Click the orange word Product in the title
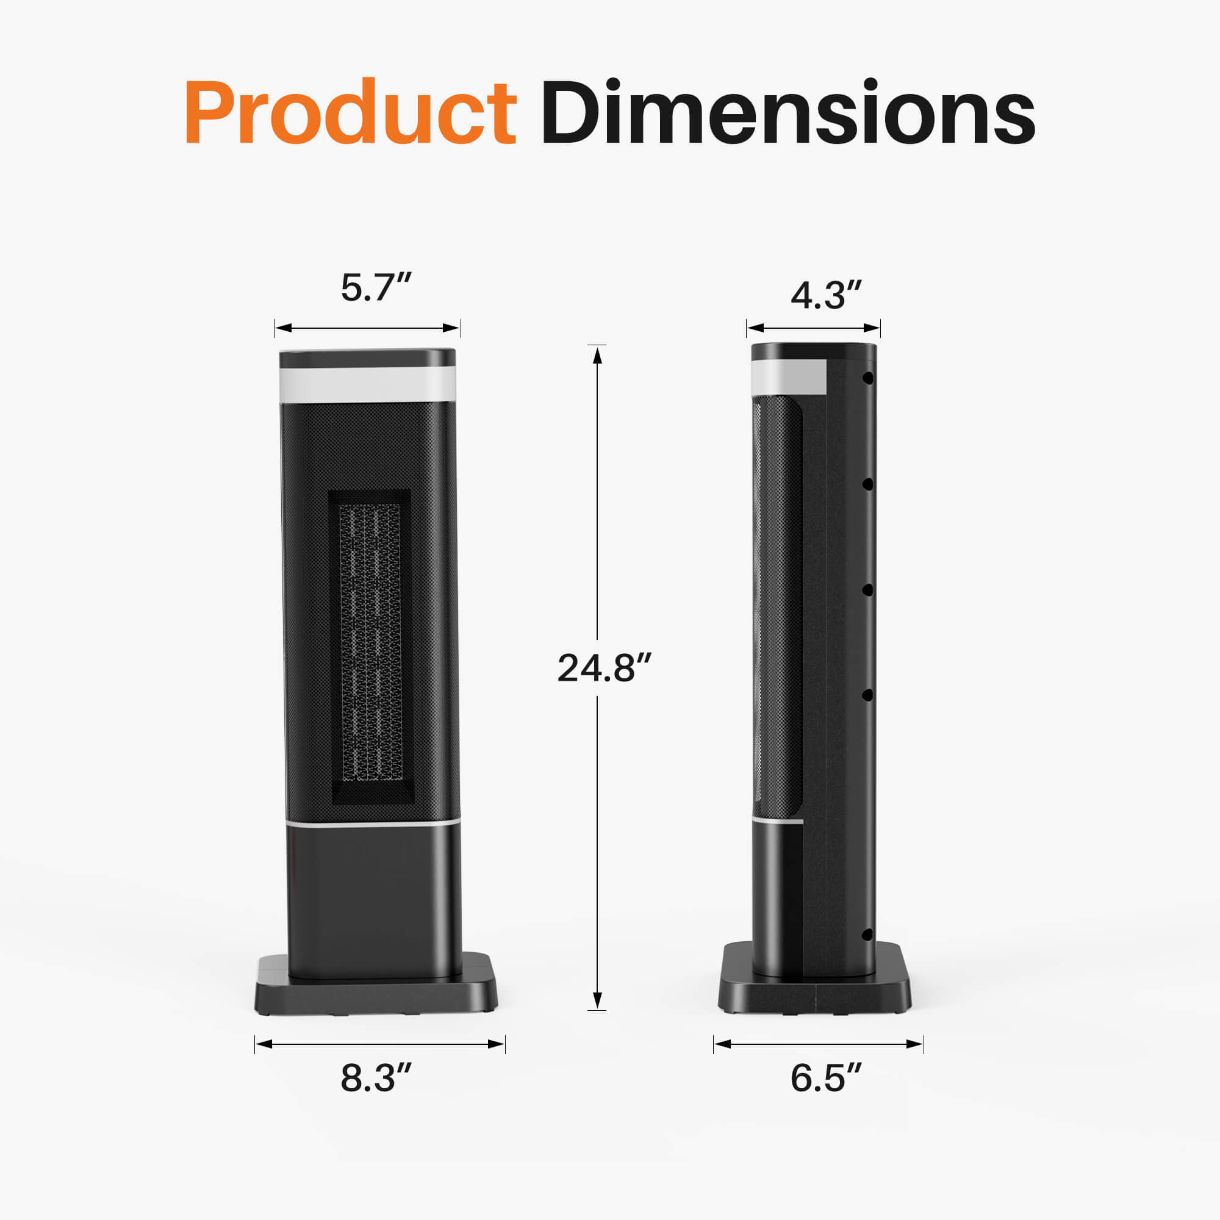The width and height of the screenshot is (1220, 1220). [351, 112]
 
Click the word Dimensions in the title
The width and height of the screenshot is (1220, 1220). [788, 112]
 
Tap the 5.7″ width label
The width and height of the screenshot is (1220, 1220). [376, 288]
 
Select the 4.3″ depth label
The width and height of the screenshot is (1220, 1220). [826, 295]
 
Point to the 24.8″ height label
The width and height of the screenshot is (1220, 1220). [603, 668]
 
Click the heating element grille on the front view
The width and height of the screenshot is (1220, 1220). [371, 641]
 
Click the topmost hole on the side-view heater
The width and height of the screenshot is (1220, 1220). [867, 378]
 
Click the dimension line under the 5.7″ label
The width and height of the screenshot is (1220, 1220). [367, 328]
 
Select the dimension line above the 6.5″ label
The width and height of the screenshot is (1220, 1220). [819, 1044]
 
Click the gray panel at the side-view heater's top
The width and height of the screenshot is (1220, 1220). [790, 378]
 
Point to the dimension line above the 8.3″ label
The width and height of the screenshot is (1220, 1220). [380, 1044]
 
